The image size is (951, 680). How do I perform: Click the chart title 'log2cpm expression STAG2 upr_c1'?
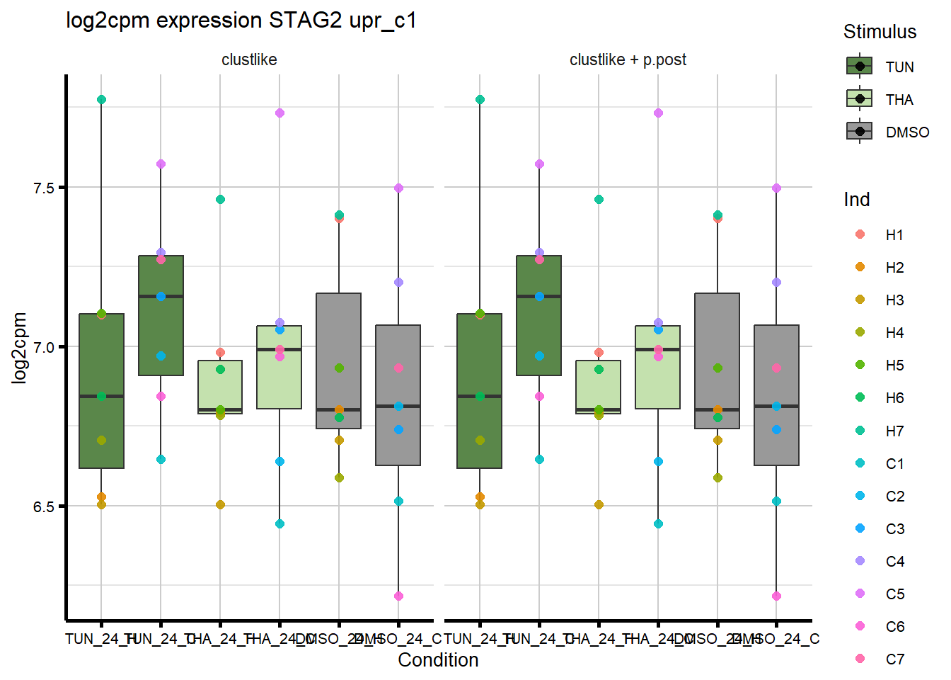click(x=241, y=21)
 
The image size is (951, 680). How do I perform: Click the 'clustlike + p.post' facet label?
click(x=628, y=60)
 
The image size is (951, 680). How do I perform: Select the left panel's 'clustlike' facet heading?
click(x=249, y=60)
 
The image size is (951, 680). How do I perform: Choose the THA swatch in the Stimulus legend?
click(x=860, y=99)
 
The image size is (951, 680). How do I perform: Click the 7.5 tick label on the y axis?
click(x=44, y=188)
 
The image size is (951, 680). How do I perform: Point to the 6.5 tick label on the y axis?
click(x=44, y=506)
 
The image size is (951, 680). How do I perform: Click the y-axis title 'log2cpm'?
click(x=19, y=348)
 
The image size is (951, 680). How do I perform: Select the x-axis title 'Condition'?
click(x=438, y=660)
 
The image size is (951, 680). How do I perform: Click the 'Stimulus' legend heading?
click(x=880, y=32)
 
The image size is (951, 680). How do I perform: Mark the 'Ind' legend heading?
click(x=856, y=200)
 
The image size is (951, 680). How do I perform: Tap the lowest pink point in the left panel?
click(x=398, y=596)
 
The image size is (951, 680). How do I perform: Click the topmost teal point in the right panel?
click(x=480, y=100)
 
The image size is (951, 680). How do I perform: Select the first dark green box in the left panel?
click(x=101, y=391)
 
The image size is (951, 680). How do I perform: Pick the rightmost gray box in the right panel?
click(x=776, y=395)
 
